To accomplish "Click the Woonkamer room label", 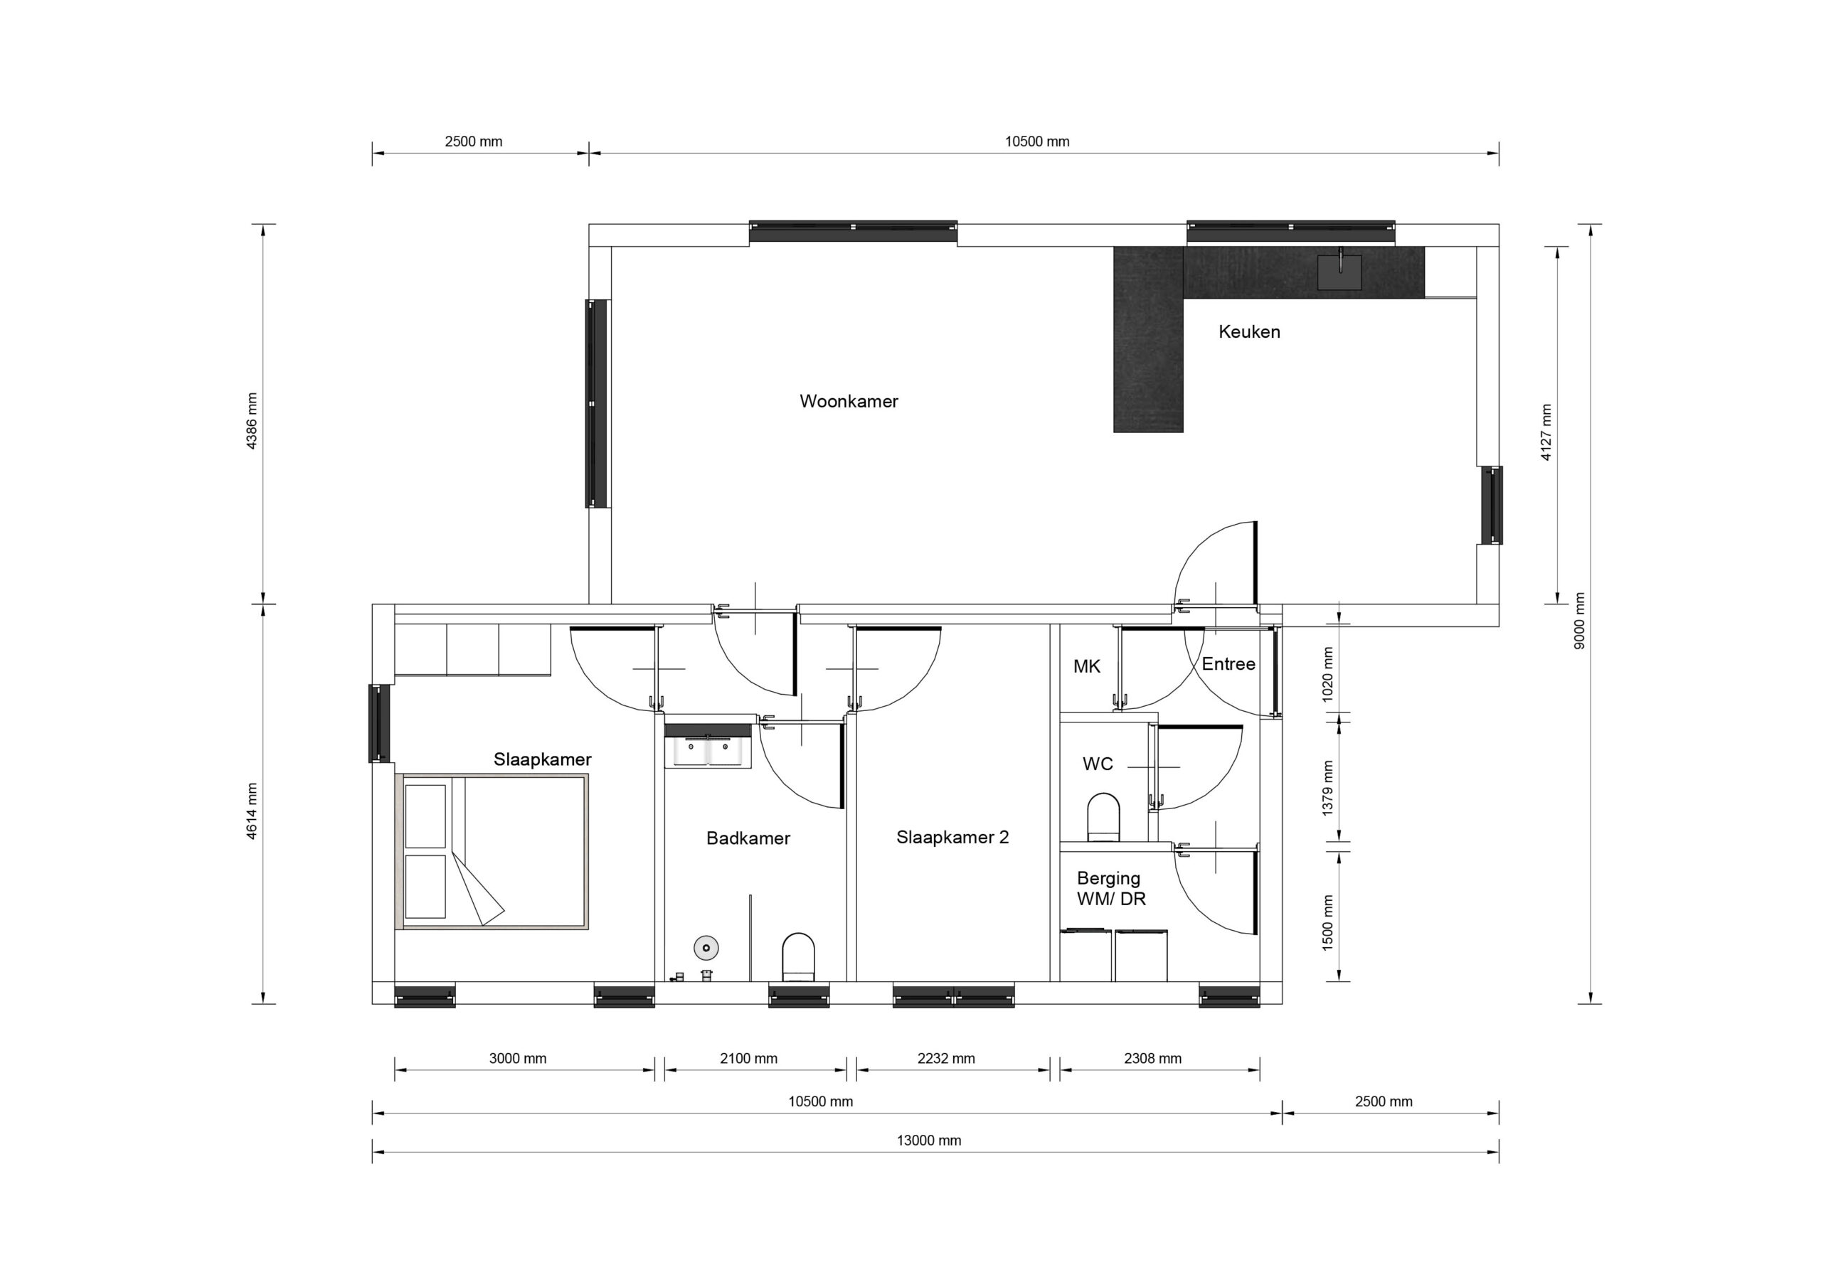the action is tap(849, 401).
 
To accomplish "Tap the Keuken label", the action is tap(1249, 331).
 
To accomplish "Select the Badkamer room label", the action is tap(748, 838).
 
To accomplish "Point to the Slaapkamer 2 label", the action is tap(952, 838).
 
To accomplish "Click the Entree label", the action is tap(1228, 663).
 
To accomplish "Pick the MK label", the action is tap(1087, 666).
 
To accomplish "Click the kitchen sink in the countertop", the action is tap(1339, 272).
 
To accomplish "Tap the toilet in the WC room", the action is tap(1103, 817).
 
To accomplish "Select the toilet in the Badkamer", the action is tap(799, 957).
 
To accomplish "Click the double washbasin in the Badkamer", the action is tap(708, 750).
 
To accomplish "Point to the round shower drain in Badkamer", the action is tap(706, 947).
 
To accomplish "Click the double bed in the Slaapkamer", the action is tap(492, 852).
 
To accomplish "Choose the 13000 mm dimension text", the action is tap(929, 1141).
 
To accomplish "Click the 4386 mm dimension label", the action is tap(253, 421).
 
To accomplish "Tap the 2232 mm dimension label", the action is tap(946, 1058).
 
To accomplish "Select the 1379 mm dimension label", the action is tap(1327, 789).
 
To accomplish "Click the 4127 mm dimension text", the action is tap(1546, 432).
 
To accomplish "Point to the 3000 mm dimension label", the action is tap(518, 1058).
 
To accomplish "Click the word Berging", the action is tap(1109, 878).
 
